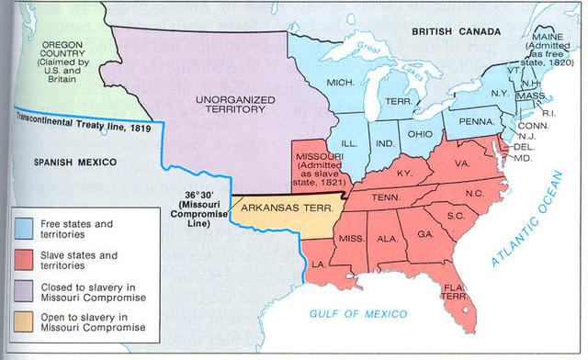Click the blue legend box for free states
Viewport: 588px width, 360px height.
coord(26,223)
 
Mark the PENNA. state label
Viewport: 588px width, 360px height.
coord(475,119)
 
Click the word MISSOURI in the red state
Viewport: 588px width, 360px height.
coord(319,157)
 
